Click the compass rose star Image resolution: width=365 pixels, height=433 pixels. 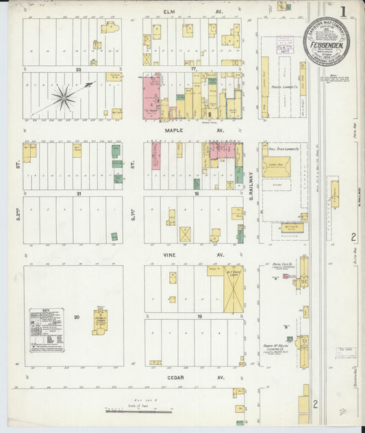(x=64, y=98)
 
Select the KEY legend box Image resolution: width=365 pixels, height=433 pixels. (x=47, y=330)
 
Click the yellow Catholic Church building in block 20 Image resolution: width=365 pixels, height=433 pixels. (x=100, y=320)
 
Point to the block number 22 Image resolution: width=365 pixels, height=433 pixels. (x=79, y=69)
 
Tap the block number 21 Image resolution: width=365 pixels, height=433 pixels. (x=79, y=194)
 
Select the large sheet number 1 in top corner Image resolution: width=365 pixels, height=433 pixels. (x=342, y=12)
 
